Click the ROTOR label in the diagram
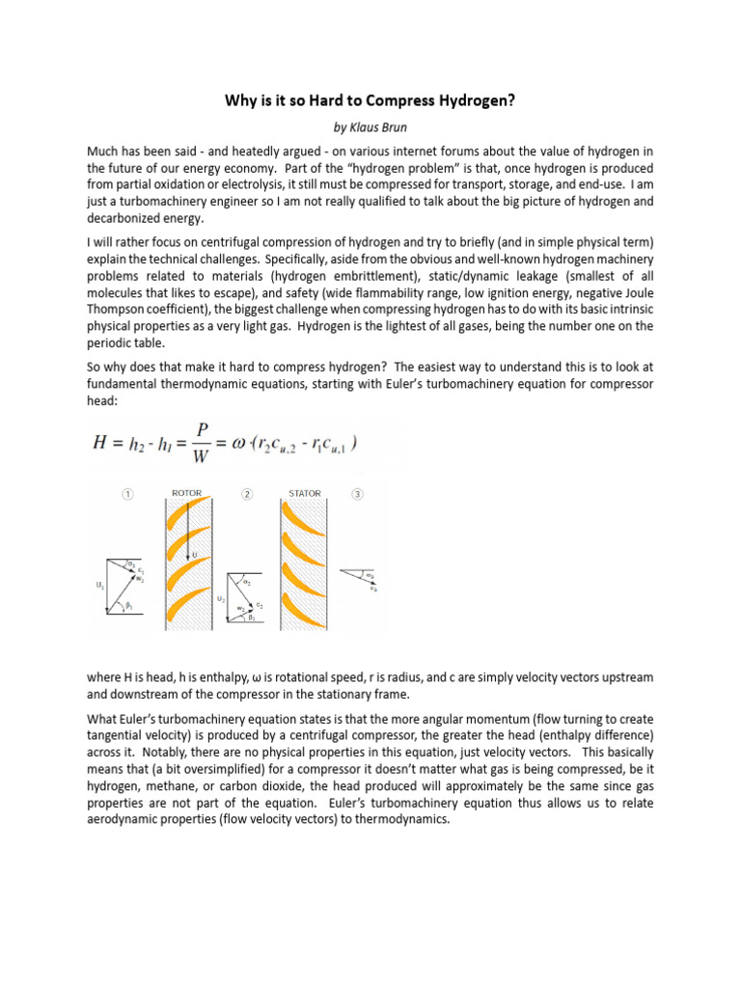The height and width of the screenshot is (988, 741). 186,493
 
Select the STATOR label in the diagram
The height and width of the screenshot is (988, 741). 304,493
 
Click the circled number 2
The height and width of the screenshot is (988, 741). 248,493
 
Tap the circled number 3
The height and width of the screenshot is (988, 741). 358,493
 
